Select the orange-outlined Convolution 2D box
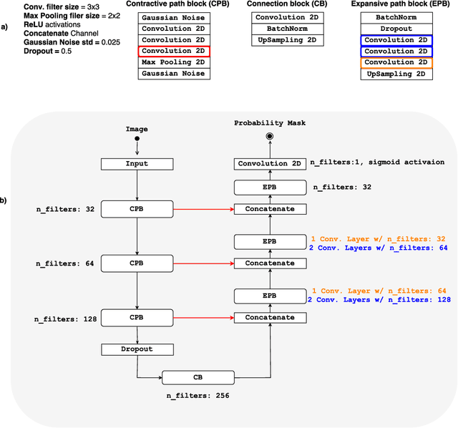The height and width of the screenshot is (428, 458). pos(397,63)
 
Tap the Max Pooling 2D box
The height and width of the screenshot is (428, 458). pos(175,63)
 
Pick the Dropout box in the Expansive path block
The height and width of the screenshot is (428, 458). pos(397,28)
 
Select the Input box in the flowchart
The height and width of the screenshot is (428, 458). pos(137,164)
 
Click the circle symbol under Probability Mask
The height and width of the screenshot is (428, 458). pos(270,135)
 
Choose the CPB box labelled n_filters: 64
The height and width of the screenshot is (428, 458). pos(137,263)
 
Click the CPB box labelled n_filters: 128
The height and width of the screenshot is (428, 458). pos(137,316)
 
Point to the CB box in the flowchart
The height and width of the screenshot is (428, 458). pos(198,377)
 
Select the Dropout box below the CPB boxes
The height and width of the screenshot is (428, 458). pos(137,350)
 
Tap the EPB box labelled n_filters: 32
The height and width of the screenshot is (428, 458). pos(270,187)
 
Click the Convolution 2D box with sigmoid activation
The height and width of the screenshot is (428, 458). pos(270,164)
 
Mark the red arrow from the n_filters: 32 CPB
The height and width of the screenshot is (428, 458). pos(203,209)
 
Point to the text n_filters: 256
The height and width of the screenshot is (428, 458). pos(198,394)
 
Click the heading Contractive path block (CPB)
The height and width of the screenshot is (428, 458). pos(175,4)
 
